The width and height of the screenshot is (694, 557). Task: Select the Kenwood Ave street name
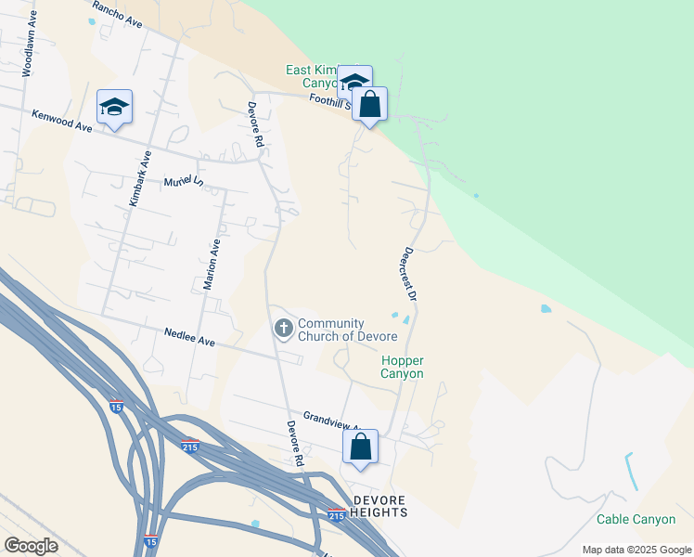63,121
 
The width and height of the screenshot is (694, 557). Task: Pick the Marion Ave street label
212,264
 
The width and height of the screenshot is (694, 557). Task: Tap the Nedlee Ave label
189,336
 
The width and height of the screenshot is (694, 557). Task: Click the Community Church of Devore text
347,330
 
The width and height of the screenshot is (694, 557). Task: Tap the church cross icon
283,328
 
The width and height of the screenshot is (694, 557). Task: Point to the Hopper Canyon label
402,367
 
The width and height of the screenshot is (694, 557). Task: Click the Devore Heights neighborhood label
379,507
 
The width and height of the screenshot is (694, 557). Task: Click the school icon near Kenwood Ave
114,107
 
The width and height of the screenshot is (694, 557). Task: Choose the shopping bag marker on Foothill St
369,105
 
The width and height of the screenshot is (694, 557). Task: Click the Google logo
31,545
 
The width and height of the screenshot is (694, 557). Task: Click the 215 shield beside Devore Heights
337,514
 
